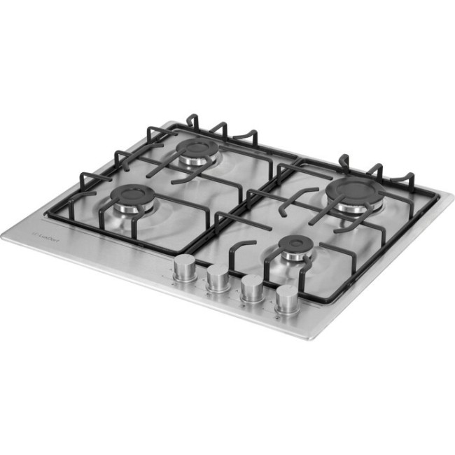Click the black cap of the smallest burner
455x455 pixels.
295,246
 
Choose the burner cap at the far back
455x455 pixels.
197,148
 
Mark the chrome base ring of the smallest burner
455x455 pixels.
294,258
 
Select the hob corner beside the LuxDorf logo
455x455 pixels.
3,234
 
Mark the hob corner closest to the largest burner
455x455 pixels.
440,195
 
